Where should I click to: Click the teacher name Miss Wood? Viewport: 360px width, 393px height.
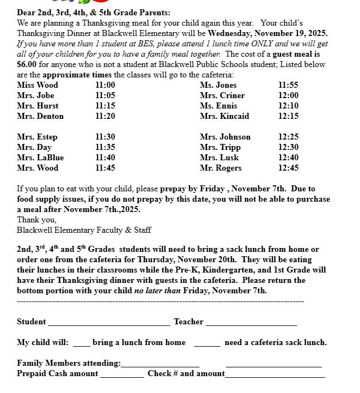point(37,85)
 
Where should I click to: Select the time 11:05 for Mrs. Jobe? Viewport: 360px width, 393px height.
point(105,95)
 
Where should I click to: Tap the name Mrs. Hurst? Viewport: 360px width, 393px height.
point(38,106)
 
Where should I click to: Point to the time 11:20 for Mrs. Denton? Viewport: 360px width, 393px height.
point(105,116)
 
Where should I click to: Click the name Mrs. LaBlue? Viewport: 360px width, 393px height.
point(40,158)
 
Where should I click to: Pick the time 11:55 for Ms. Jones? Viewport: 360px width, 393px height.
point(288,85)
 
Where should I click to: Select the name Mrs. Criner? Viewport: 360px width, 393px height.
point(222,95)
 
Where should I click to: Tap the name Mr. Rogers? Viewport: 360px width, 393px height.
point(221,168)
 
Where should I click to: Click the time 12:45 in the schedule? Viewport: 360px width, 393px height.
point(288,168)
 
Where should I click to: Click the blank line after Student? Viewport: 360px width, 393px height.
point(109,323)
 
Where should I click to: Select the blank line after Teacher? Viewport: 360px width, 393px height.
point(251,323)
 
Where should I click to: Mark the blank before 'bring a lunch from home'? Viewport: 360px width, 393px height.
point(81,343)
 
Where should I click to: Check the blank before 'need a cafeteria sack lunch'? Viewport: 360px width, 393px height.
point(207,343)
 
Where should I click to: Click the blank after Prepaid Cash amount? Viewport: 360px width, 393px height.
point(121,374)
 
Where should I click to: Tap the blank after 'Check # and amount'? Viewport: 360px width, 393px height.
point(274,374)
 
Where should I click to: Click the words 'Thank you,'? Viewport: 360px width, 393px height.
point(36,220)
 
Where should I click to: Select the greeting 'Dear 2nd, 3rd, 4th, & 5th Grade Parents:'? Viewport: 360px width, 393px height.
point(93,13)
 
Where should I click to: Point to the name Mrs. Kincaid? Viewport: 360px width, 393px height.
point(224,116)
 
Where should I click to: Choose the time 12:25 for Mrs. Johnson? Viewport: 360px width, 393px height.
point(288,137)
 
